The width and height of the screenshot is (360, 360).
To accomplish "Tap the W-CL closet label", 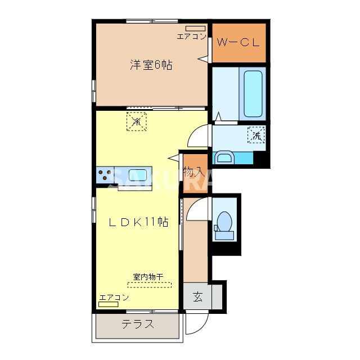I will tap(238, 42).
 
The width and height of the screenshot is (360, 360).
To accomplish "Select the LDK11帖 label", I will tap(138, 222).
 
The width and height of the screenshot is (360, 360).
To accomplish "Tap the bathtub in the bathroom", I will tap(252, 93).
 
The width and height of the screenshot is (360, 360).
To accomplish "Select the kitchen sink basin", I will tap(138, 174).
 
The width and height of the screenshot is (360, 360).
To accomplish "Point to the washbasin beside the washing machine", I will tap(224, 157).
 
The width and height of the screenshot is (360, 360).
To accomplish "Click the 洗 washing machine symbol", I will tap(256, 135).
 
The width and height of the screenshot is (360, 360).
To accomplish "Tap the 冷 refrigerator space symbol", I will tap(136, 121).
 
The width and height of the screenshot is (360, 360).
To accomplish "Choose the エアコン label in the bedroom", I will tap(191, 37).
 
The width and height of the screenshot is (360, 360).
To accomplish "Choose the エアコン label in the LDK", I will tap(114, 297).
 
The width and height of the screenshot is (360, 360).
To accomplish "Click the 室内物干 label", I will tap(148, 277).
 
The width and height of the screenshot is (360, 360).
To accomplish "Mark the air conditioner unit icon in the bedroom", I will tap(195, 28).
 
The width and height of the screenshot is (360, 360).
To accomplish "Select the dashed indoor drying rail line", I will tap(149, 285).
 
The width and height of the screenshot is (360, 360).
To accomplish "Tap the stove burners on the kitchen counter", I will tap(104, 175).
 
